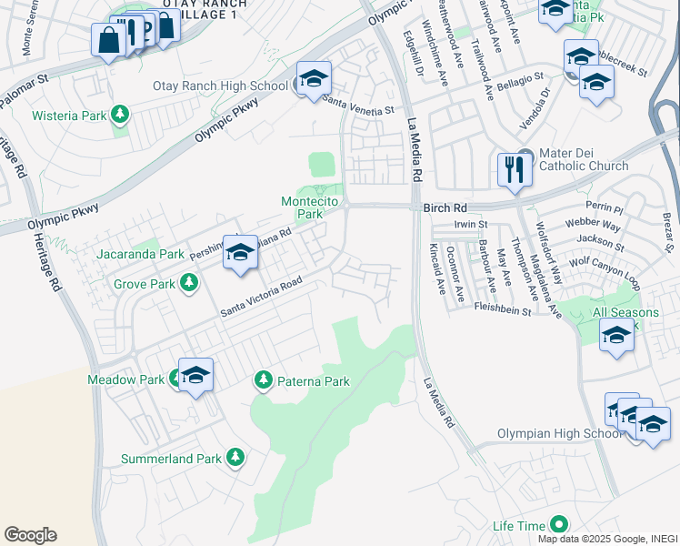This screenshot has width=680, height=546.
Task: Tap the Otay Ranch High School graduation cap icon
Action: tap(313, 79)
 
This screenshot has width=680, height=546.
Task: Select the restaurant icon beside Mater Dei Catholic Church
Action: tap(514, 168)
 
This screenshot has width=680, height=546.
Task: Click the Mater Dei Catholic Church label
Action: tap(584, 159)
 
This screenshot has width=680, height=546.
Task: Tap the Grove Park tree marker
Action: tap(189, 284)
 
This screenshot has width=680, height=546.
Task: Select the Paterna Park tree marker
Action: tap(264, 379)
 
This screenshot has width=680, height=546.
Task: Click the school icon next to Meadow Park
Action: tap(195, 376)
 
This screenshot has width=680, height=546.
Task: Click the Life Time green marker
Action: tap(558, 525)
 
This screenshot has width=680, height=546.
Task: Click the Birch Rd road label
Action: tap(445, 207)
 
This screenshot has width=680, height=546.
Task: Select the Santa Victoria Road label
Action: tap(260, 298)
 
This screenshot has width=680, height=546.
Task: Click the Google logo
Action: tap(30, 534)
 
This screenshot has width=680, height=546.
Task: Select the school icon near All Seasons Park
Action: tap(616, 336)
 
